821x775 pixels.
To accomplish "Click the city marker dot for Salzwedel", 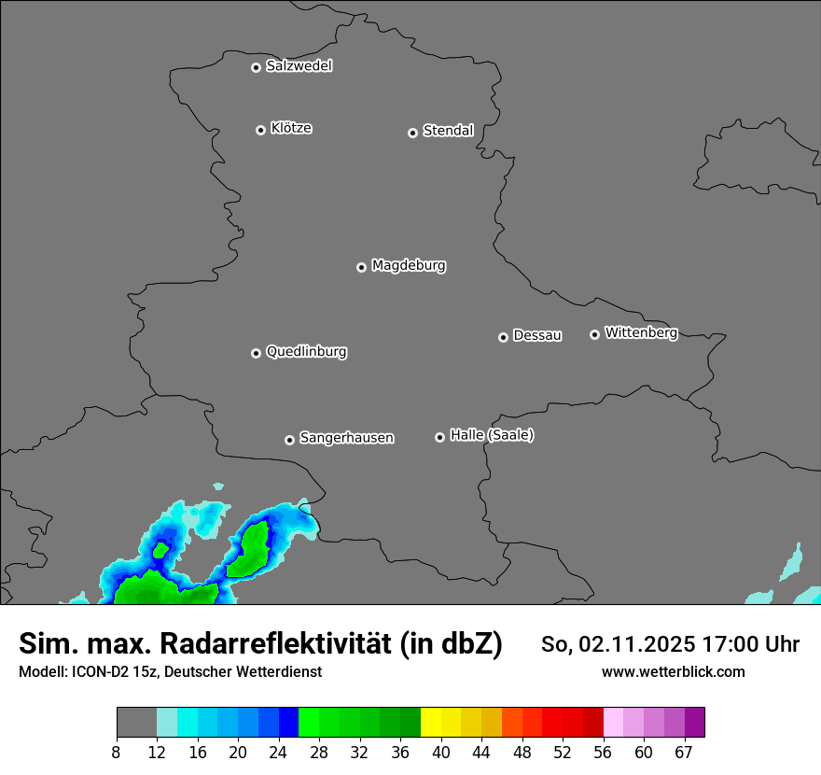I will [x=256, y=67].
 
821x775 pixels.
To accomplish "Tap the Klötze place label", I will [x=291, y=128].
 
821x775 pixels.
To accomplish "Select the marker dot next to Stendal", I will [x=412, y=133].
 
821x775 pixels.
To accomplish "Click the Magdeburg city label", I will [x=409, y=266].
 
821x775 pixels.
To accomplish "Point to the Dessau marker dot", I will [x=503, y=337].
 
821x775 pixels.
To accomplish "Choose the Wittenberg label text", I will [x=641, y=332].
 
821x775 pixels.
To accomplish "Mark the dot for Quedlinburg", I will [x=256, y=353].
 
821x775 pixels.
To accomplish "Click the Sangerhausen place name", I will [x=346, y=438].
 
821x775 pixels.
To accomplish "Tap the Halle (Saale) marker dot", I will [x=439, y=437].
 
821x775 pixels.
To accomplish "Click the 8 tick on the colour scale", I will [x=116, y=752].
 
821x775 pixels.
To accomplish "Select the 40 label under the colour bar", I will [x=441, y=752].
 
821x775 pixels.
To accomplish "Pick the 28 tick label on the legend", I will [x=319, y=752].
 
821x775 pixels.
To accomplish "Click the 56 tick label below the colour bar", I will [x=604, y=752].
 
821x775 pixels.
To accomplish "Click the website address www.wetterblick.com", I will [x=674, y=672].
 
